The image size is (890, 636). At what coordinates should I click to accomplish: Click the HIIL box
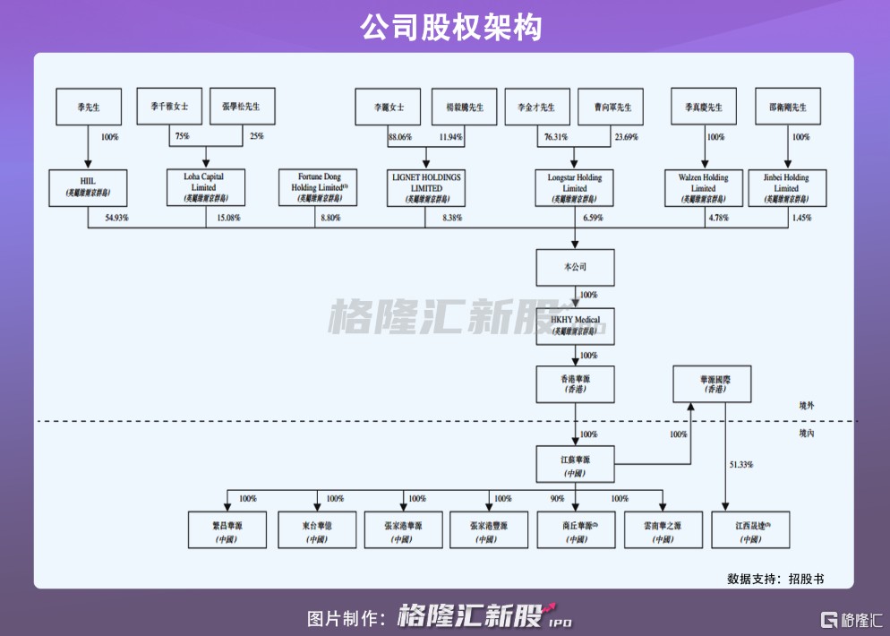coord(88,187)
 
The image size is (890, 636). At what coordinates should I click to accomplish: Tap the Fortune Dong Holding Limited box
coord(317,187)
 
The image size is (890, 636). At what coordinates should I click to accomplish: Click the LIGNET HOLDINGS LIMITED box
coord(426,187)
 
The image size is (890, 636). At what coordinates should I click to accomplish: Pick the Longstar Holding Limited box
coord(575,187)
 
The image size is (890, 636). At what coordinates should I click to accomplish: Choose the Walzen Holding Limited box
coord(703,187)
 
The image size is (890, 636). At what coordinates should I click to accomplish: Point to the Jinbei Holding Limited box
coord(786,187)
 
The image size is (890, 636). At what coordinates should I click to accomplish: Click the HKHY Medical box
coord(575,325)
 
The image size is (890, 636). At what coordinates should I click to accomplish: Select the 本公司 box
coord(575,266)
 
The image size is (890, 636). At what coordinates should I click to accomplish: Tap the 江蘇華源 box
coord(575,464)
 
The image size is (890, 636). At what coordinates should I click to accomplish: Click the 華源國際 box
coord(712,384)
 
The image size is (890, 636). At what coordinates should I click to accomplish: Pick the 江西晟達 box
coord(750,529)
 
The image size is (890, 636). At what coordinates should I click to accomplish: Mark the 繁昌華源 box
coord(227,529)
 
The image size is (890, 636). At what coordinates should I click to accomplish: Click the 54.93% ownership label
coord(117,218)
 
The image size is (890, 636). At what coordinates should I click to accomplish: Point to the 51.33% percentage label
coord(740,465)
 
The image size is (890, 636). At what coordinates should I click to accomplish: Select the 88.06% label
coord(399,137)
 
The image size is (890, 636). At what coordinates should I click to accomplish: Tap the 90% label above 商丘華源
coord(557,499)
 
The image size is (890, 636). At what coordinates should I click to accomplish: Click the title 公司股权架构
coord(444,28)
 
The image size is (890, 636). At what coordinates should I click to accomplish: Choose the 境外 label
coord(807,406)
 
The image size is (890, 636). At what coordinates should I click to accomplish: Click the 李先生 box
coord(88,107)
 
